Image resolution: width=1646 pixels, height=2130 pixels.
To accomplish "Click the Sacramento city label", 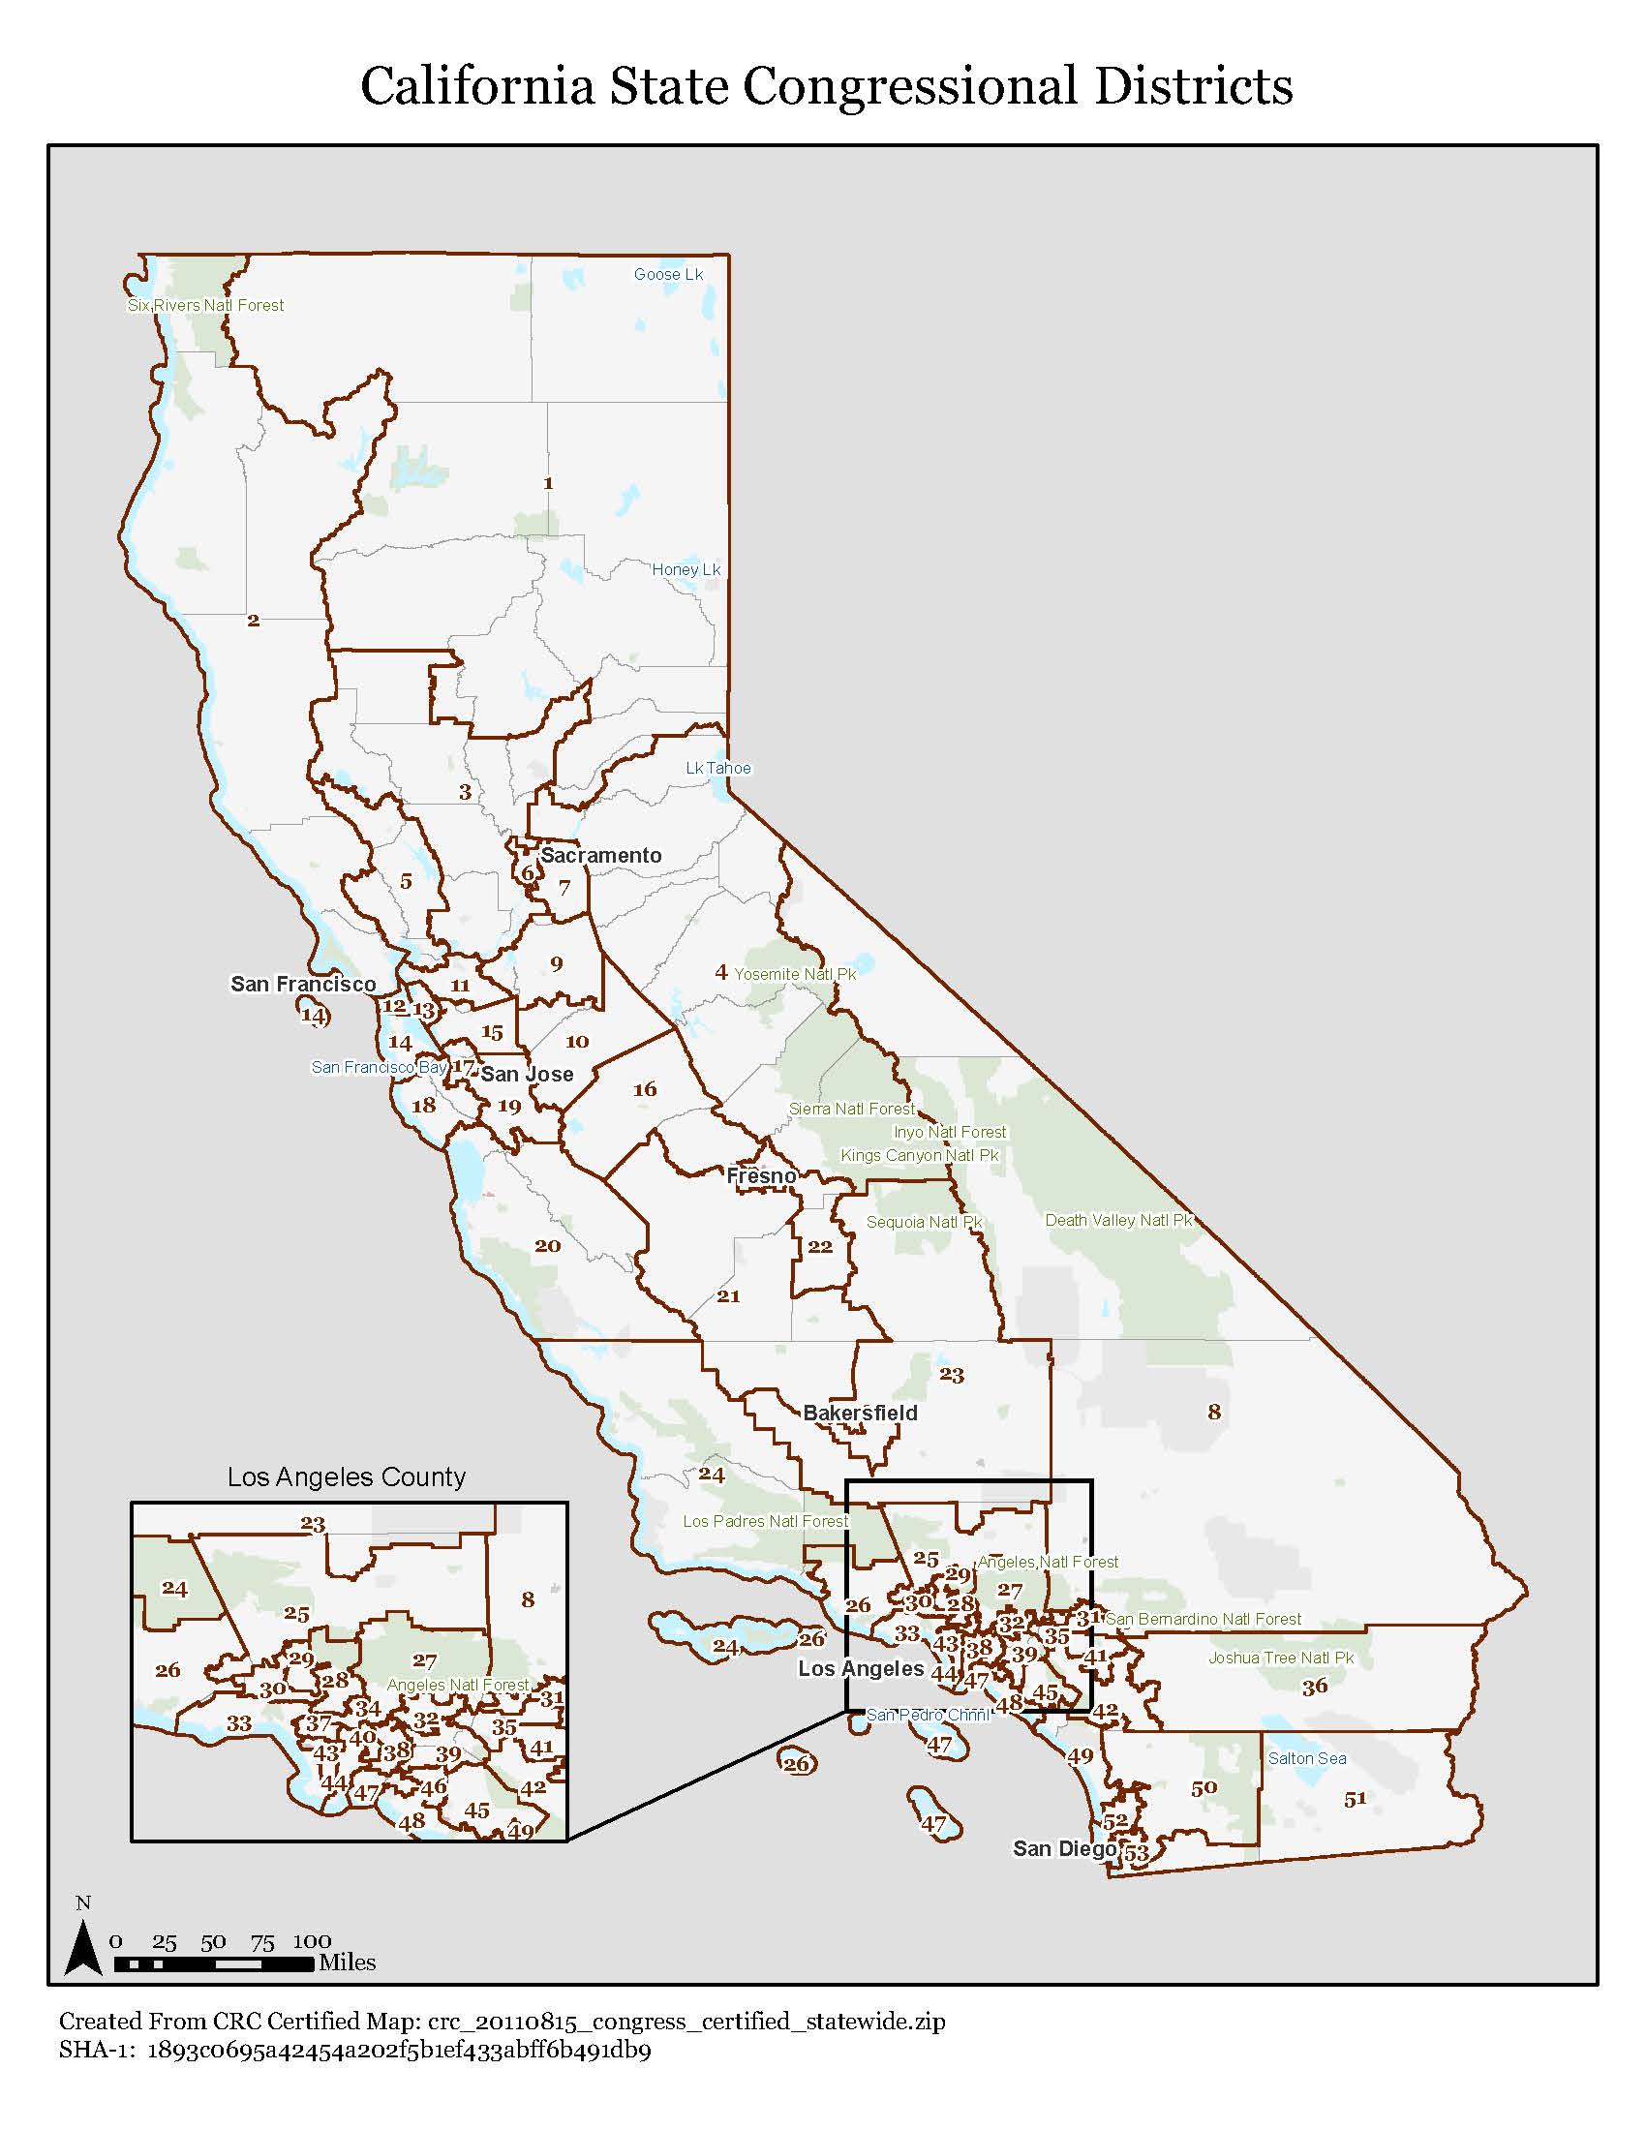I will pos(600,855).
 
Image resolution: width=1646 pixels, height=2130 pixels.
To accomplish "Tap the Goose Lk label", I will pos(668,274).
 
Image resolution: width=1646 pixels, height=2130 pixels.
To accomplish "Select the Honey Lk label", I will pos(686,569).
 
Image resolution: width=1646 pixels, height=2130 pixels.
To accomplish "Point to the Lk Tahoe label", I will pos(718,768).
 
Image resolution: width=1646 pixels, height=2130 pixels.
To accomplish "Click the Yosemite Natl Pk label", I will pos(795,973).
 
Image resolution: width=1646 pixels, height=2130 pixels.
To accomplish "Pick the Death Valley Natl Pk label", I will pos(1118,1220).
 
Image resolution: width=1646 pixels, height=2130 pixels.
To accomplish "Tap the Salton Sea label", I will pos(1307,1758).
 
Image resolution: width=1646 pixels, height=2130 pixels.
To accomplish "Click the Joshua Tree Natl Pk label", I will pos(1280,1658).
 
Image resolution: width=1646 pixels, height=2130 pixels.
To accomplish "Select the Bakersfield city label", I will pos(860,1414).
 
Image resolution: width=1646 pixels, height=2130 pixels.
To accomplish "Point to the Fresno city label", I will pos(762,1176).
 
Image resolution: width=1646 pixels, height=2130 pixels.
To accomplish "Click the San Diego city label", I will pos(1065,1848).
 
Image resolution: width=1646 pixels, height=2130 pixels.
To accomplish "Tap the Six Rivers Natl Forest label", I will pos(205,305).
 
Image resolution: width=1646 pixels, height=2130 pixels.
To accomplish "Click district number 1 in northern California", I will pos(548,483).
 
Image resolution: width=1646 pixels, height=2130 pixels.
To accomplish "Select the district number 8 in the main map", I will pos(1214,1412).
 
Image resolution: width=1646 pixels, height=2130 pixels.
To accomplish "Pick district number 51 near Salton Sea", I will pos(1356,1800).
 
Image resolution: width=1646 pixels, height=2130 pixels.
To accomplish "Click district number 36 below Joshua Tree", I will pos(1315,1687).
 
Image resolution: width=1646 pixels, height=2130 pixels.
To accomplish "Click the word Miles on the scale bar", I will pos(348,1963).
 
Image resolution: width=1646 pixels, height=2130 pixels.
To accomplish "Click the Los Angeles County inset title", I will pos(347,1476).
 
